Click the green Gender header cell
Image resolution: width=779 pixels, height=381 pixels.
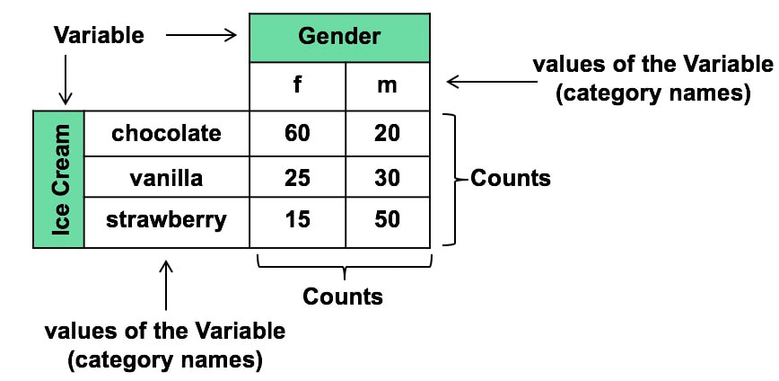[339, 37]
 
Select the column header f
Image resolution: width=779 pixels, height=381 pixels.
[297, 86]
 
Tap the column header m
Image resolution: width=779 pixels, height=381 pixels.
[388, 86]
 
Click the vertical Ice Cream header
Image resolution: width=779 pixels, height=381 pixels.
[59, 180]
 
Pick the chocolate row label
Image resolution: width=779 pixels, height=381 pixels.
[166, 133]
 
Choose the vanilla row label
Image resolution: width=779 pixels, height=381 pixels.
[166, 178]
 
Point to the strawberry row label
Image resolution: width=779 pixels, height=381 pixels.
[166, 219]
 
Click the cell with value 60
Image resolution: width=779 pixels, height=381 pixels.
[297, 133]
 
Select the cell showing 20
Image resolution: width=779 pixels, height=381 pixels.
[388, 133]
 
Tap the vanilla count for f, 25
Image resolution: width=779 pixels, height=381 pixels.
[297, 178]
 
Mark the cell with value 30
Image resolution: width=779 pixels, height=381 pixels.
[388, 178]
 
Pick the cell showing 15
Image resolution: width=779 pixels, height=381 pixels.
[297, 219]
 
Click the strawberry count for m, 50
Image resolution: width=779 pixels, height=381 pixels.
[388, 219]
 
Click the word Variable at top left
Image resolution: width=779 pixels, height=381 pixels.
[99, 35]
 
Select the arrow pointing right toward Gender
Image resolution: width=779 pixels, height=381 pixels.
[201, 35]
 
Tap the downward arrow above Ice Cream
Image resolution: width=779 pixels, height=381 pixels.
[65, 82]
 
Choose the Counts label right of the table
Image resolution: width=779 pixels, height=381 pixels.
[510, 178]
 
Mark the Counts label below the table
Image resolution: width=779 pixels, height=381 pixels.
[343, 297]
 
